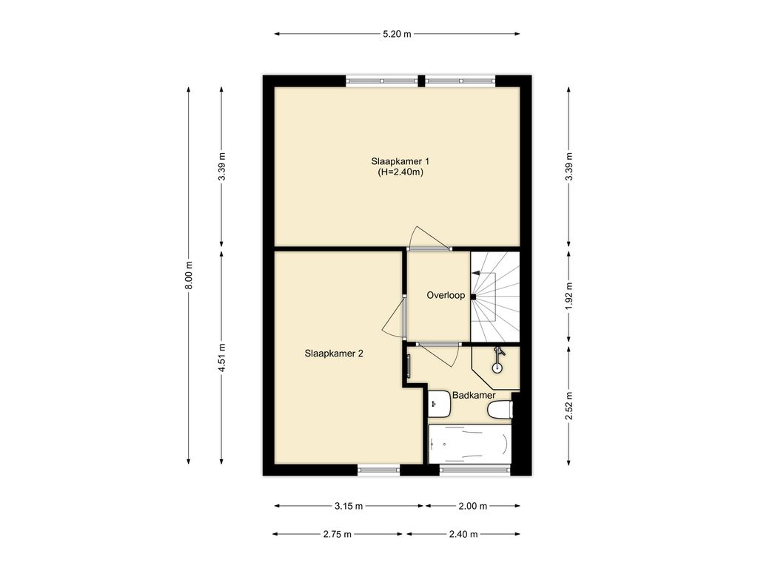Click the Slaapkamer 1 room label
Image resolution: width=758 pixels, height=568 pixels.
click(400, 161)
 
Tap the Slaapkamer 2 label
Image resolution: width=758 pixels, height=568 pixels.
click(334, 354)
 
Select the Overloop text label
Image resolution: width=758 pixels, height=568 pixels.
click(446, 295)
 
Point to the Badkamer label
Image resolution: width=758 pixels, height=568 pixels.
click(474, 395)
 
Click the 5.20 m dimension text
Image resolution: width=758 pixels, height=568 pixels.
click(397, 34)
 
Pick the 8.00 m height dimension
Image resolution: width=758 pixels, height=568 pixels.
click(189, 275)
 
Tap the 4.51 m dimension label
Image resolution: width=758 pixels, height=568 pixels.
click(222, 357)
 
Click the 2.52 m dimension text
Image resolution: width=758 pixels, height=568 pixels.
click(569, 406)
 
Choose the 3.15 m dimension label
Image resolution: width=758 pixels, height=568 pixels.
click(349, 506)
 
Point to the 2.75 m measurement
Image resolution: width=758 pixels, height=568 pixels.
click(338, 534)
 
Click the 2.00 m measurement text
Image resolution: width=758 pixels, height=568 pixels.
click(473, 506)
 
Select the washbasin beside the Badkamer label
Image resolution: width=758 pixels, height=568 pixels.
click(439, 404)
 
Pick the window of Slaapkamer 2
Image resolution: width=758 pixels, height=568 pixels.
click(379, 469)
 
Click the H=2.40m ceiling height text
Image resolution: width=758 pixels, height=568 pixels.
click(400, 172)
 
